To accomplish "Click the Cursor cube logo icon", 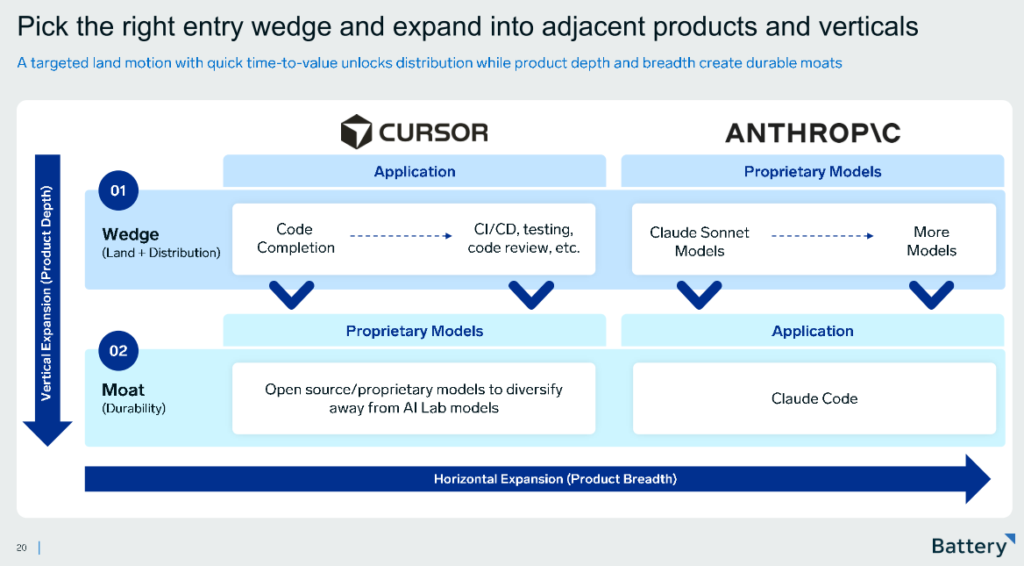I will (356, 132).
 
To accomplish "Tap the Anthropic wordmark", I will (812, 133).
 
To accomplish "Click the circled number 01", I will (118, 190).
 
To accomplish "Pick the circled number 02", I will (118, 351).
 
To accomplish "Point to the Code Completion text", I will (295, 239).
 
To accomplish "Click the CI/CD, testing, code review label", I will (523, 239).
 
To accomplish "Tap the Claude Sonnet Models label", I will (699, 241).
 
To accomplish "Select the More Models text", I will (931, 241).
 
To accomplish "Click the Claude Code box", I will (814, 398).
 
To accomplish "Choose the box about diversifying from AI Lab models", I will (413, 398).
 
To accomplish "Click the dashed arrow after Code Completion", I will (400, 236).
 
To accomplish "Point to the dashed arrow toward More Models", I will (821, 236).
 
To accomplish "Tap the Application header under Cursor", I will (414, 172).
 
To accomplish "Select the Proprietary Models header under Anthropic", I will (812, 172).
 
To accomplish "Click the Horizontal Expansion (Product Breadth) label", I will (555, 479).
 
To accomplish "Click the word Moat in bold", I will (124, 390).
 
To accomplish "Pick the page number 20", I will (21, 548).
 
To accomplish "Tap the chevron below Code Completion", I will (291, 293).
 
